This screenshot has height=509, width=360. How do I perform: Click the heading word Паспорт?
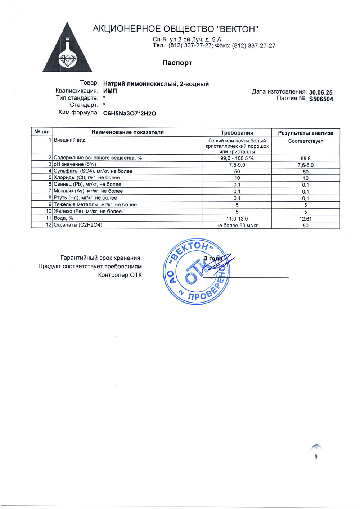tap(177, 63)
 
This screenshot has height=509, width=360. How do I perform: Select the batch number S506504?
tap(321, 99)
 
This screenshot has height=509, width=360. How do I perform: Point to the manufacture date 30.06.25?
tap(321, 92)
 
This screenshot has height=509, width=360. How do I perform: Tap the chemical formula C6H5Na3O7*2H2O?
tap(130, 113)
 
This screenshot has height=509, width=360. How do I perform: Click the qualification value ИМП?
tap(110, 91)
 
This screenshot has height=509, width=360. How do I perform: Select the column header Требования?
tap(237, 132)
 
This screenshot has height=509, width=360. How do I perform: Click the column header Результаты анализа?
tap(305, 133)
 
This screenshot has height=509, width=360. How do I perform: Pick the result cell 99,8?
tap(305, 158)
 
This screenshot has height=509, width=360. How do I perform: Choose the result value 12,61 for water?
tap(305, 219)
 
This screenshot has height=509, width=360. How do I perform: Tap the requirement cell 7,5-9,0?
tap(237, 165)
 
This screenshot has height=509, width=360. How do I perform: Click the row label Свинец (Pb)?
tap(87, 184)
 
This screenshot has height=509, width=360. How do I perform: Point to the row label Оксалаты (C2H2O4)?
tap(78, 225)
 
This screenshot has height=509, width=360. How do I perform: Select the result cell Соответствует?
tap(305, 141)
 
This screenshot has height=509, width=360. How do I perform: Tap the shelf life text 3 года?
tap(213, 258)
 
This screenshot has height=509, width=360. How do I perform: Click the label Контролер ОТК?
tap(120, 275)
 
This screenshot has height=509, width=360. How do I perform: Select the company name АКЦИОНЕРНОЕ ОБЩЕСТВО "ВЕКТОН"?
tap(176, 29)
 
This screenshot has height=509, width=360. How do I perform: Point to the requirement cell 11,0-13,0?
tap(237, 219)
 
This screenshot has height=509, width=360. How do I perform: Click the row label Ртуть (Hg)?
tap(85, 198)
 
